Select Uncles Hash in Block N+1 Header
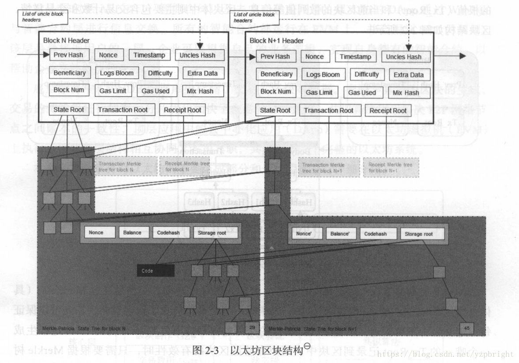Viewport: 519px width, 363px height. pos(403,57)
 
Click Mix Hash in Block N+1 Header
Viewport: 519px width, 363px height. pos(406,93)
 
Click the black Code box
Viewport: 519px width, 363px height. pos(155,270)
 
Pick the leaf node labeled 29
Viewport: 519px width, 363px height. pos(251,327)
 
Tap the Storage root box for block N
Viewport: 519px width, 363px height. pos(216,232)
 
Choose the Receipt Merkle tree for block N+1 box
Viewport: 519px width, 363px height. pos(390,167)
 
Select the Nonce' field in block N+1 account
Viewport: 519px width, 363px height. pos(304,234)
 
